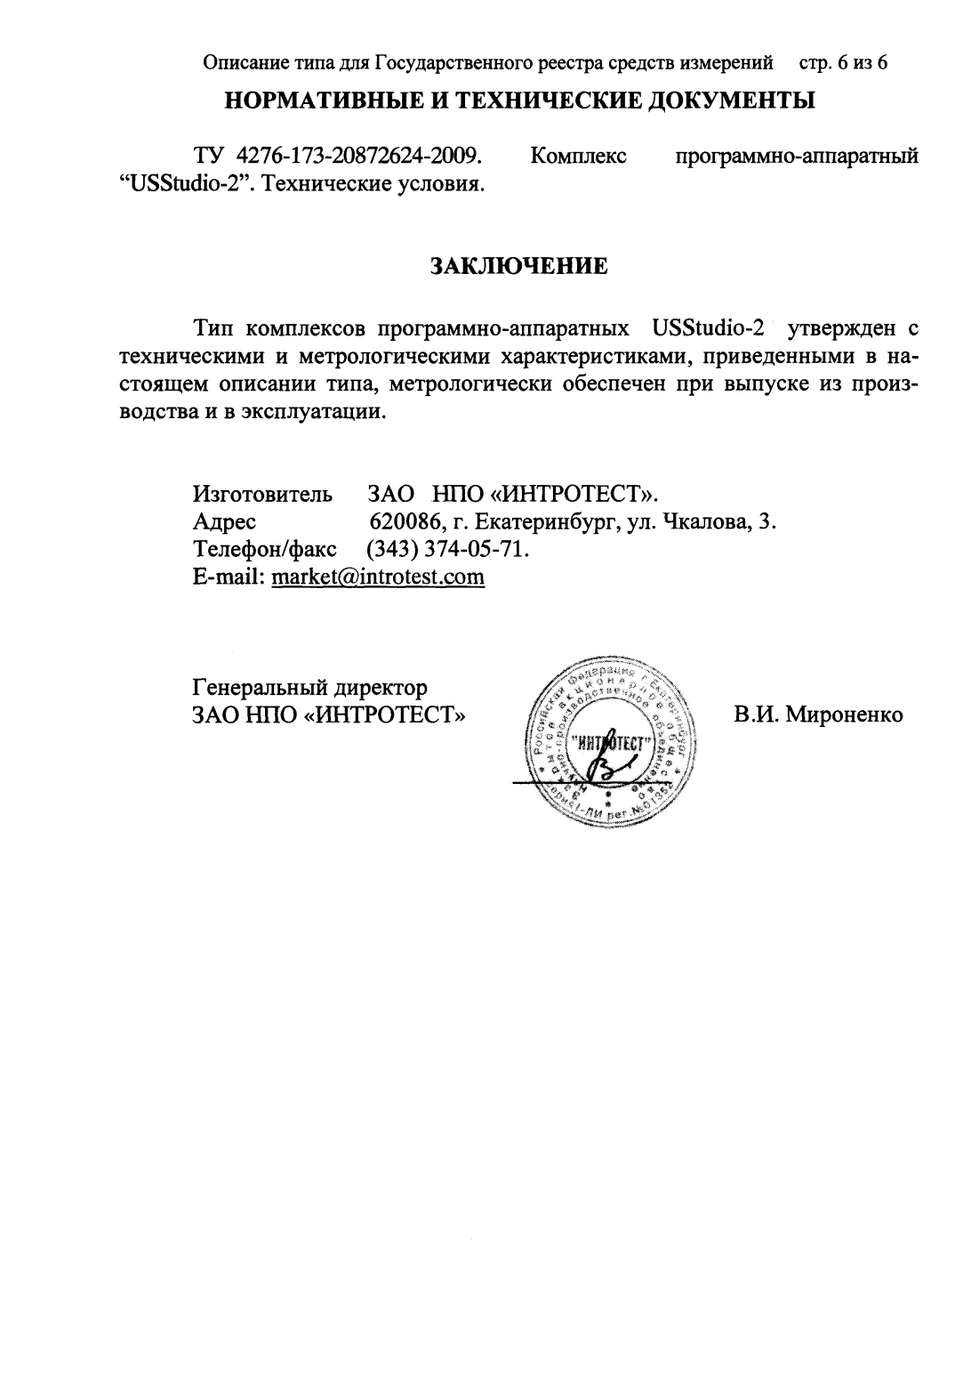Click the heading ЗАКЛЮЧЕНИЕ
pyautogui.click(x=519, y=266)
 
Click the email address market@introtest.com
pyautogui.click(x=378, y=577)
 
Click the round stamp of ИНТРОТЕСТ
pyautogui.click(x=610, y=744)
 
